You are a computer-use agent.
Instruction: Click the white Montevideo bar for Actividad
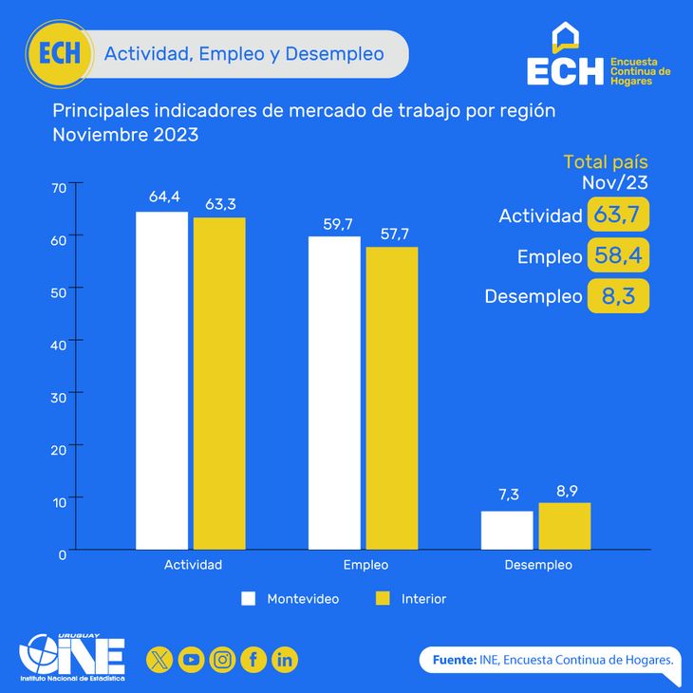click(x=161, y=380)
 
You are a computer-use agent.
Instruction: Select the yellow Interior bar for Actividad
click(x=219, y=384)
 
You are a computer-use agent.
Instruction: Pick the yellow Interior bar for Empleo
click(x=392, y=398)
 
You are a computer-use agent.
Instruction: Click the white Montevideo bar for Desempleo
click(x=507, y=530)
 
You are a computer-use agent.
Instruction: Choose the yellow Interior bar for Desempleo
click(x=565, y=526)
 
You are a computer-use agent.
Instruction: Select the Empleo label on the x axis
click(x=365, y=565)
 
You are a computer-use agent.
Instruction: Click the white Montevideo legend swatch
click(x=250, y=599)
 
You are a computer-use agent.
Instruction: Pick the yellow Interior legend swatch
click(x=384, y=599)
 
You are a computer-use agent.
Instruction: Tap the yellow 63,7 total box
click(x=618, y=215)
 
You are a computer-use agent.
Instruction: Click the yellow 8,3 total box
click(x=618, y=296)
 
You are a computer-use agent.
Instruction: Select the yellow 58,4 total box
click(x=618, y=255)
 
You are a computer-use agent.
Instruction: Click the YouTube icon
click(x=191, y=659)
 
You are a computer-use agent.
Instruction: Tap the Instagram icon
click(x=222, y=659)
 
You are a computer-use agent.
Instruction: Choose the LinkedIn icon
click(x=285, y=659)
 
